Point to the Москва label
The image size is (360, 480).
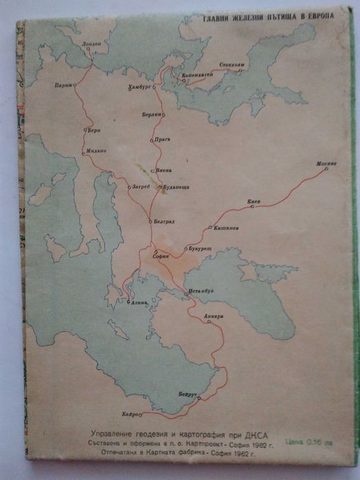coord(326,165)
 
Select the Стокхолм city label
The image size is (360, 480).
coord(232,63)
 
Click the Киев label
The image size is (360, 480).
coord(254,202)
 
